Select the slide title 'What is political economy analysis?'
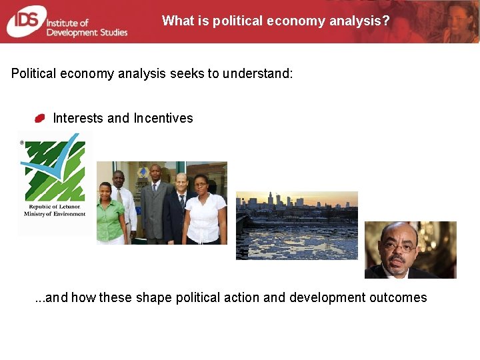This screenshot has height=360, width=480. click(275, 21)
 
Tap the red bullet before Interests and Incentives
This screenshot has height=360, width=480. click(40, 118)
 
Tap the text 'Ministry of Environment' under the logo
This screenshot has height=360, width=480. click(55, 214)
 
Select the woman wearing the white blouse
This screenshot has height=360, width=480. click(204, 210)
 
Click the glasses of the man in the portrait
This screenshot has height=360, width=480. click(399, 246)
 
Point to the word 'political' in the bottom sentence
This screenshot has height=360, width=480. click(199, 297)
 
